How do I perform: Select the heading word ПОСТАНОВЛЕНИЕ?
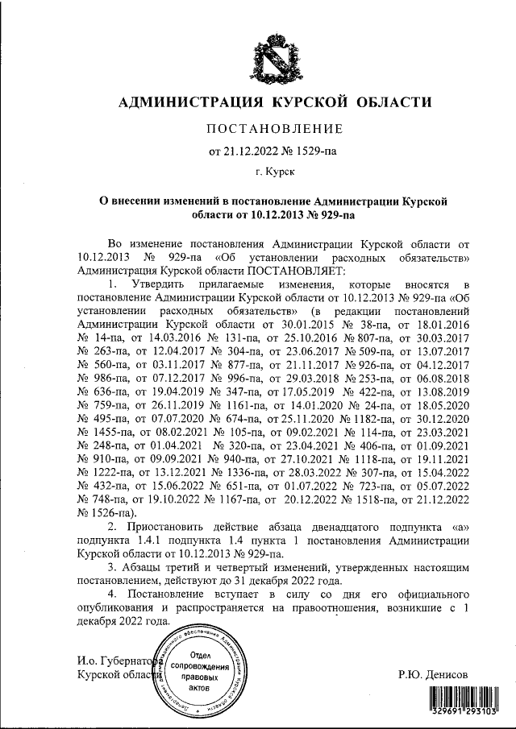coord(276,129)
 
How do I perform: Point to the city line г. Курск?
coord(275,172)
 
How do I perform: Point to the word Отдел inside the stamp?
coord(202,657)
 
